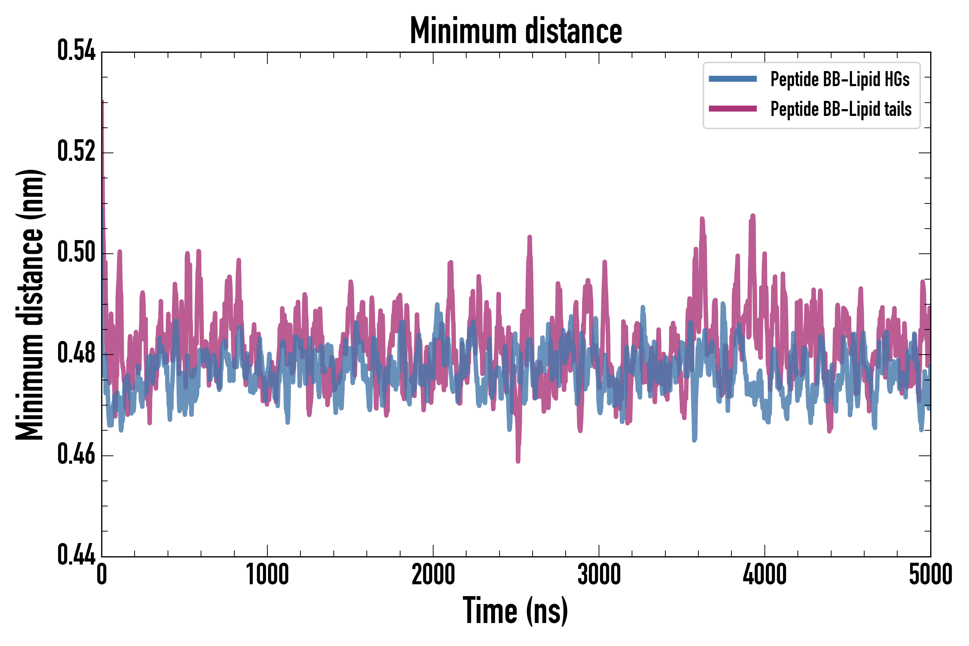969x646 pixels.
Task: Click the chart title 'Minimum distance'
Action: [x=516, y=31]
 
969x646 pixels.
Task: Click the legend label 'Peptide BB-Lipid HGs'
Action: [x=840, y=79]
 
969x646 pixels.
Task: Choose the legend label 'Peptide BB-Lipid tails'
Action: [x=841, y=109]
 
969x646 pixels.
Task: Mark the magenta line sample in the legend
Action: [x=732, y=109]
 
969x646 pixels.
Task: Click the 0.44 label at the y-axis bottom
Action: [x=76, y=554]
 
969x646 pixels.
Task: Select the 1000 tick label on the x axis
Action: [x=267, y=574]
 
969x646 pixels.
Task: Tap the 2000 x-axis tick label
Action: [x=433, y=574]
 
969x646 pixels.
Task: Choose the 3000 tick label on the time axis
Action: [x=599, y=574]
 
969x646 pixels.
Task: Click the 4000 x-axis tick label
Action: [x=765, y=574]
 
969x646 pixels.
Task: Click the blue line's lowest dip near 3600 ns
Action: [x=694, y=440]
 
